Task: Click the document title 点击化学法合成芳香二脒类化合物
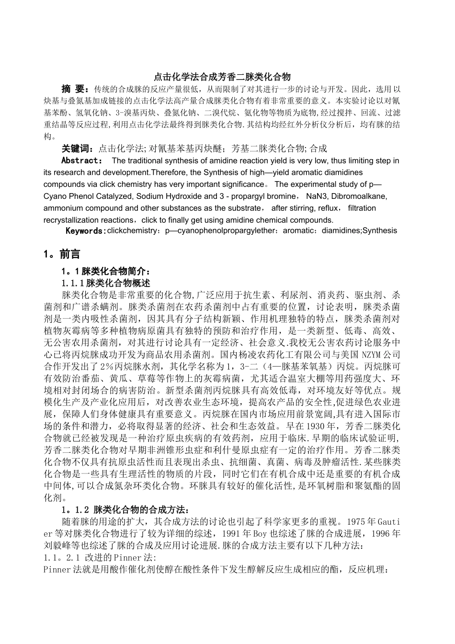tap(222, 77)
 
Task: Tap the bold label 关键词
tap(78, 149)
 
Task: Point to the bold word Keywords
tap(85, 231)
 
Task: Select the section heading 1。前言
tap(62, 254)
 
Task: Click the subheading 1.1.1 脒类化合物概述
tap(106, 283)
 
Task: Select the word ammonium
tap(62, 208)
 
